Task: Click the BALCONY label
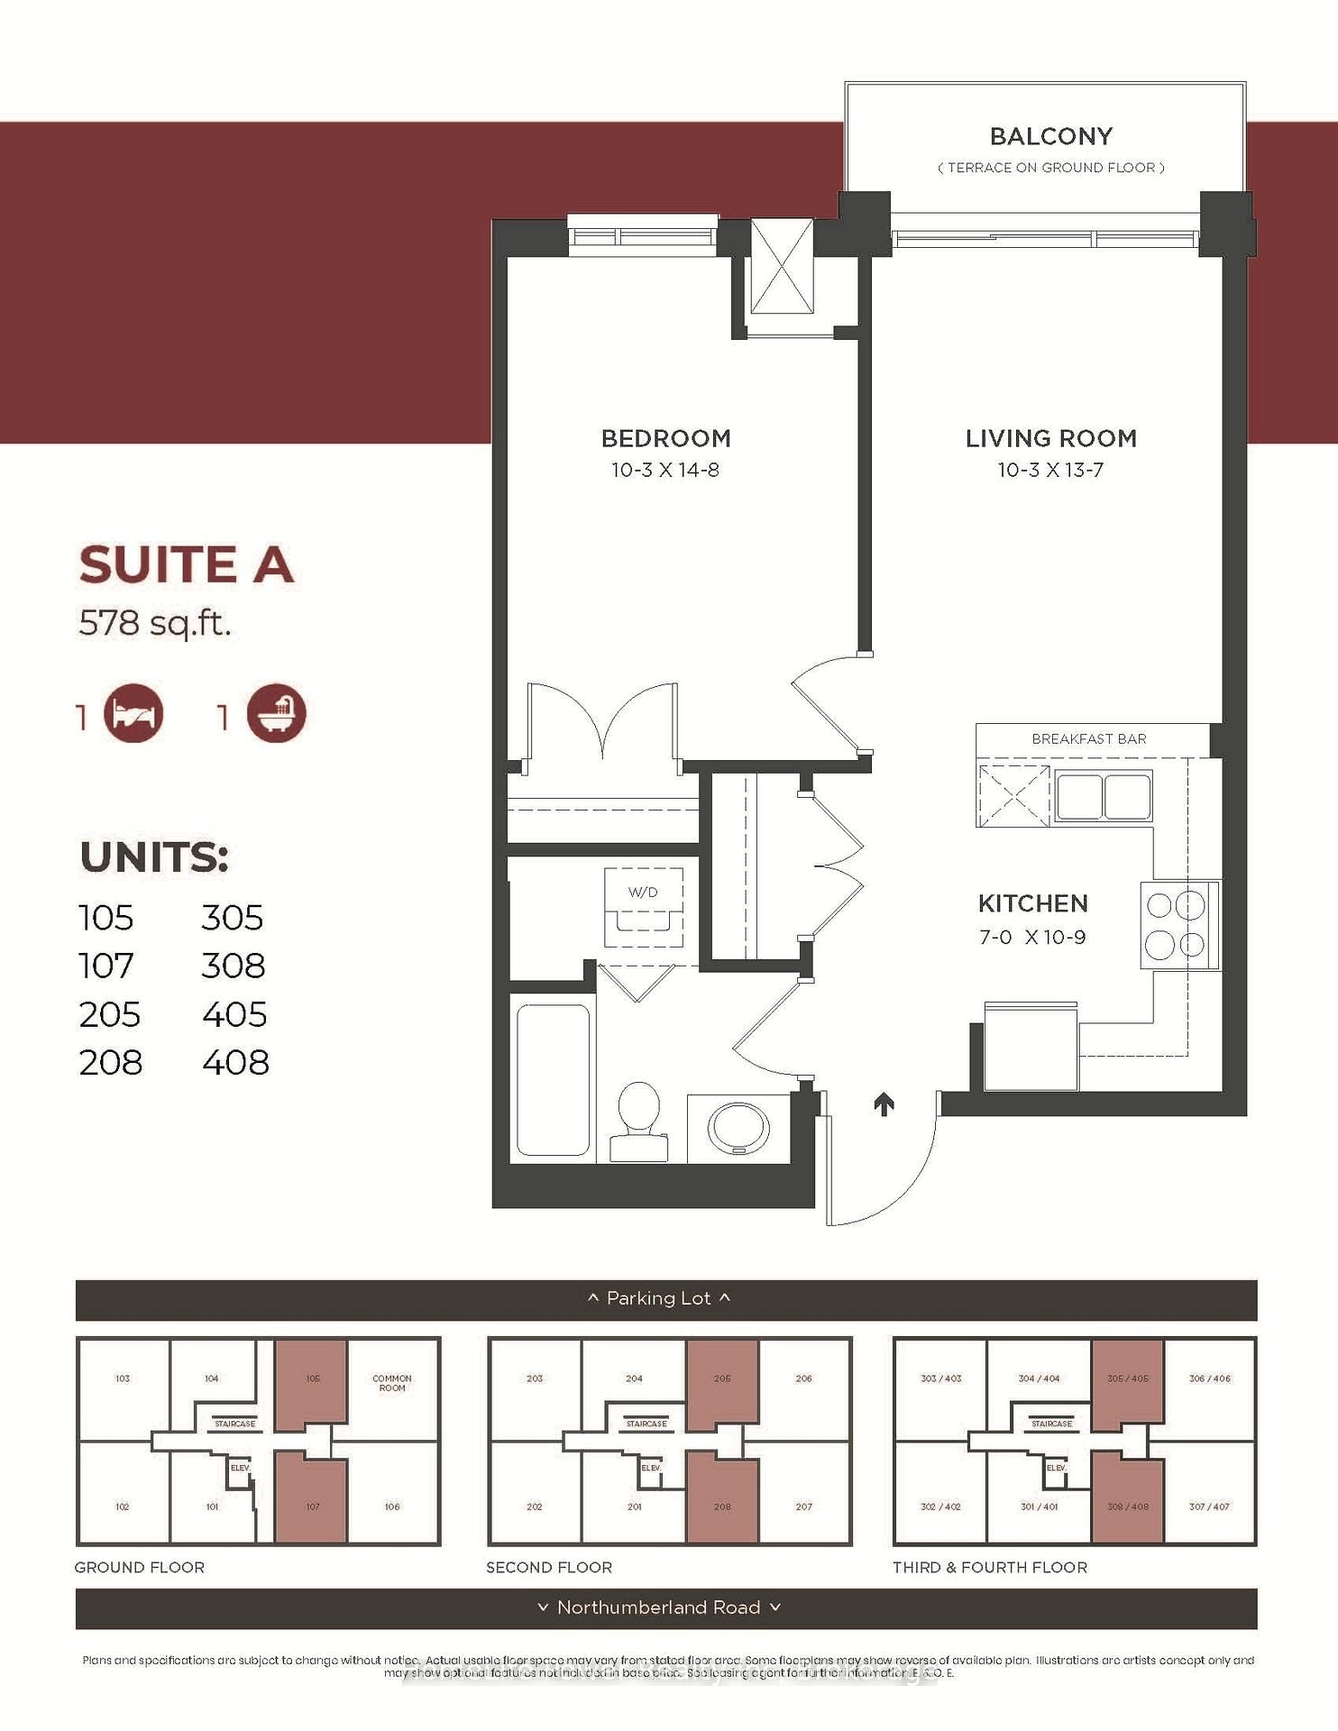pos(1050,136)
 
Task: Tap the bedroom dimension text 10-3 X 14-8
pos(664,470)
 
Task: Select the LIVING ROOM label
pos(1050,438)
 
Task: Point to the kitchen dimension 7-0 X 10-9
pos(1032,938)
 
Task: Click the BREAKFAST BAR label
pos(1088,739)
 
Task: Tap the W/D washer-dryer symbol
pos(643,905)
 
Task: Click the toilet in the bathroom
pos(639,1121)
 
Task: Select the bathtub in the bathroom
pos(553,1079)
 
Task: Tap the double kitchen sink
pos(1104,796)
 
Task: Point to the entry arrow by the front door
pos(884,1104)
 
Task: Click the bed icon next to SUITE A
pos(133,714)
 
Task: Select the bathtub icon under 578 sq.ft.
pos(277,714)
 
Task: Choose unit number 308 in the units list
pos(233,966)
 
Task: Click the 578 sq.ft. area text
pos(154,622)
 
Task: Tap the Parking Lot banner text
pos(658,1298)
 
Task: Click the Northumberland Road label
pos(658,1607)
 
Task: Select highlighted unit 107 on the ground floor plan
pos(311,1497)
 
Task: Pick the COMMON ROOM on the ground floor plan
pos(391,1383)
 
